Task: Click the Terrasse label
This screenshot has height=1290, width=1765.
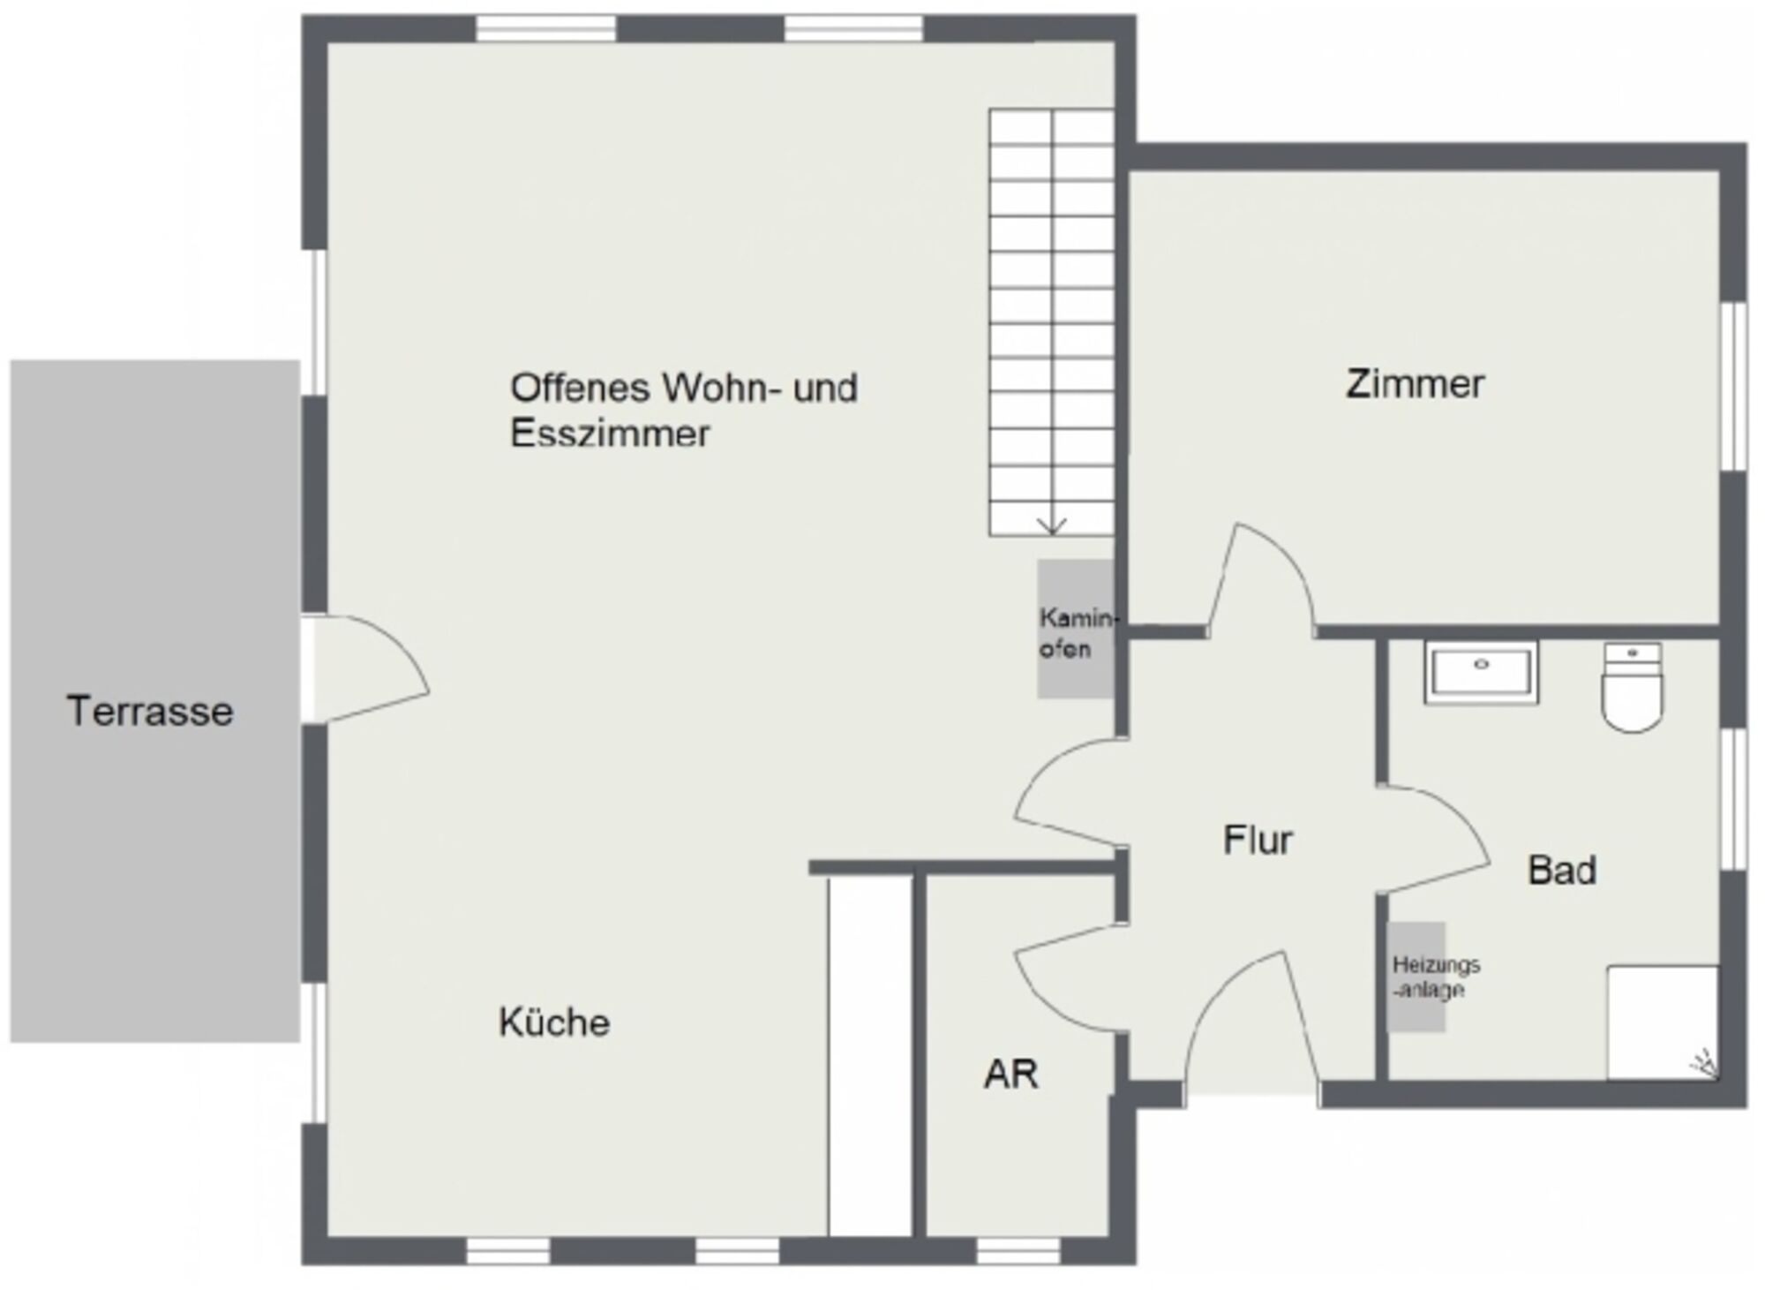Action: pyautogui.click(x=150, y=712)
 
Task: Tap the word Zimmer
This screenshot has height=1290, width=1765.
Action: pyautogui.click(x=1415, y=384)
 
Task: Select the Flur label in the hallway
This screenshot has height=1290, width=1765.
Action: pyautogui.click(x=1258, y=840)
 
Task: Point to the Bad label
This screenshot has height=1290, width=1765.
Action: pyautogui.click(x=1562, y=871)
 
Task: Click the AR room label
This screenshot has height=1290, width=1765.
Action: pyautogui.click(x=1011, y=1075)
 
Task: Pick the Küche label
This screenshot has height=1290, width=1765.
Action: pyautogui.click(x=554, y=1022)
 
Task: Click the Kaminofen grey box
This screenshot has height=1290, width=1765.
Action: pyautogui.click(x=1076, y=629)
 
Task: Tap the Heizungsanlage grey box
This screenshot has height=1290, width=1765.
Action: pyautogui.click(x=1416, y=977)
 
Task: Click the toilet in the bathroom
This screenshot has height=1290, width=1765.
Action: pyautogui.click(x=1633, y=687)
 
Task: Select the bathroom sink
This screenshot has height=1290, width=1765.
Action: pyautogui.click(x=1481, y=673)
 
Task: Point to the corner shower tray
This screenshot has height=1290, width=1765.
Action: pyautogui.click(x=1663, y=1022)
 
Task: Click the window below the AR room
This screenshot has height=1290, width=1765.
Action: pyautogui.click(x=1018, y=1250)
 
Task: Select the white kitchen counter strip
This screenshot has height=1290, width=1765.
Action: pyautogui.click(x=869, y=1057)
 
